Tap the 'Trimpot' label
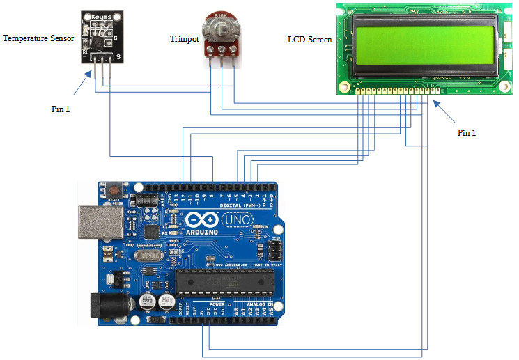pos(184,39)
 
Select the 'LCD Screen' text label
pos(309,40)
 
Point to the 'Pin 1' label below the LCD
pos(467,132)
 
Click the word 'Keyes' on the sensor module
pos(102,16)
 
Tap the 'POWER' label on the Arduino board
pos(217,304)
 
